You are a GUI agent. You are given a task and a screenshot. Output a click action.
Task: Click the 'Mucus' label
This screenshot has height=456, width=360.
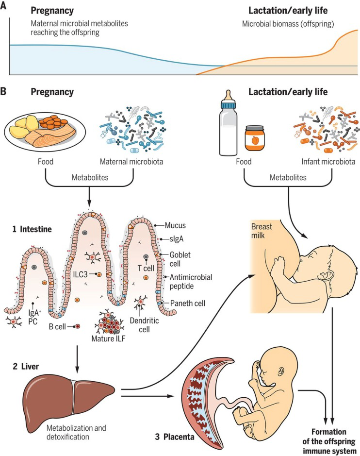click(175, 225)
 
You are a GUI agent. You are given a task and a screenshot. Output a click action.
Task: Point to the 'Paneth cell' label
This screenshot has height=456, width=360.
click(188, 304)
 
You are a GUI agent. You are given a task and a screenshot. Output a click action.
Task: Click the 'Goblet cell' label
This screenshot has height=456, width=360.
click(180, 259)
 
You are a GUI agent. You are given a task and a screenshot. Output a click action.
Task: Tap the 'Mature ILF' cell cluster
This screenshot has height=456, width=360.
click(110, 323)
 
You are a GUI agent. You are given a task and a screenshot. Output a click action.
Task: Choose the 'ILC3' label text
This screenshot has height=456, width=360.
click(80, 274)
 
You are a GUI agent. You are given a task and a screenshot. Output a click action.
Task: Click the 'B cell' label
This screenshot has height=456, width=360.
click(57, 327)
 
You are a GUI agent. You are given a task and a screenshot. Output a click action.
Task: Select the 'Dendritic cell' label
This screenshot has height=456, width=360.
click(144, 325)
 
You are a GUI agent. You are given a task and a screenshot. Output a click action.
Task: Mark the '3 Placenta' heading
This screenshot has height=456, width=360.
click(175, 437)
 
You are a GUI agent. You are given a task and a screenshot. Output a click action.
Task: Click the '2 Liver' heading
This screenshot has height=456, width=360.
click(26, 366)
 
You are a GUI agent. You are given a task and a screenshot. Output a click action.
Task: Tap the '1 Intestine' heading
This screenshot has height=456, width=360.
click(32, 229)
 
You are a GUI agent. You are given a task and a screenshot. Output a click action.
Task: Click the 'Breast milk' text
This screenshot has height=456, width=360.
click(262, 231)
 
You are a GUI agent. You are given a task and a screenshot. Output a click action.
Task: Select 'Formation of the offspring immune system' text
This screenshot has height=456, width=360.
click(329, 441)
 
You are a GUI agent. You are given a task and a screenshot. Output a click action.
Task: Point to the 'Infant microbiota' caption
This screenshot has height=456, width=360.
click(328, 162)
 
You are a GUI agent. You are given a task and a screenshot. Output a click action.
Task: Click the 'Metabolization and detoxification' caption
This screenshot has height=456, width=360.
click(76, 432)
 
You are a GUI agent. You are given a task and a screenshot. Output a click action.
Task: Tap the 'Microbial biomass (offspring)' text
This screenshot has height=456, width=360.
click(288, 24)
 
